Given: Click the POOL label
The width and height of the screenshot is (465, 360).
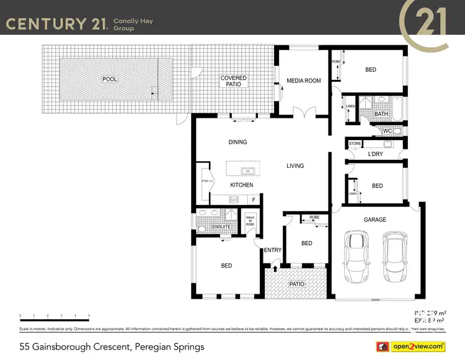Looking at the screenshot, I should pos(110,79).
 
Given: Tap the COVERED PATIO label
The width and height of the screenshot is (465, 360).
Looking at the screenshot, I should pos(234,82).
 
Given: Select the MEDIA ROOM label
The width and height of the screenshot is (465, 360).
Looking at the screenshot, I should pos(303,81).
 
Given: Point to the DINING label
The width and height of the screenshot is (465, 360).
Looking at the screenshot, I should pos(237,142).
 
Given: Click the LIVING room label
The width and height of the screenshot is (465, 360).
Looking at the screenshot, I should pos(295,165).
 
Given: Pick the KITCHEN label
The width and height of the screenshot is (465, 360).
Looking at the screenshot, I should pos(242,185).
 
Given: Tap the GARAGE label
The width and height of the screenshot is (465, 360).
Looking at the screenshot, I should pos(374,219).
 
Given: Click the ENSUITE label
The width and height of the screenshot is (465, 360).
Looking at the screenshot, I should pos(221,227).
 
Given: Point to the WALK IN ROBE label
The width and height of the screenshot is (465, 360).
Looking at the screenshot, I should pos(250,221).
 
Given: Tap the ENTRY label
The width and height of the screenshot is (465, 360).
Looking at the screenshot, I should pos(273,250).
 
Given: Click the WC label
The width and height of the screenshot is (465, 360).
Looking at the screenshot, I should pos(387,131).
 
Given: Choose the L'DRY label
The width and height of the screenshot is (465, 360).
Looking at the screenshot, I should pos(375,154).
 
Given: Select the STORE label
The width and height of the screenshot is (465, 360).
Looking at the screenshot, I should pos(355,144).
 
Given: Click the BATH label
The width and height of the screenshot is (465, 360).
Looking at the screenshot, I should pos(381,113).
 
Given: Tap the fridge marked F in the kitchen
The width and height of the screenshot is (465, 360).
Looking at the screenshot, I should pos(253,200).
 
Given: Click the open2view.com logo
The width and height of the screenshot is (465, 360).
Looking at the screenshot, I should pos(416,346).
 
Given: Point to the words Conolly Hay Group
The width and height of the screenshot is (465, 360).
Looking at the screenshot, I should pos(132,24).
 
